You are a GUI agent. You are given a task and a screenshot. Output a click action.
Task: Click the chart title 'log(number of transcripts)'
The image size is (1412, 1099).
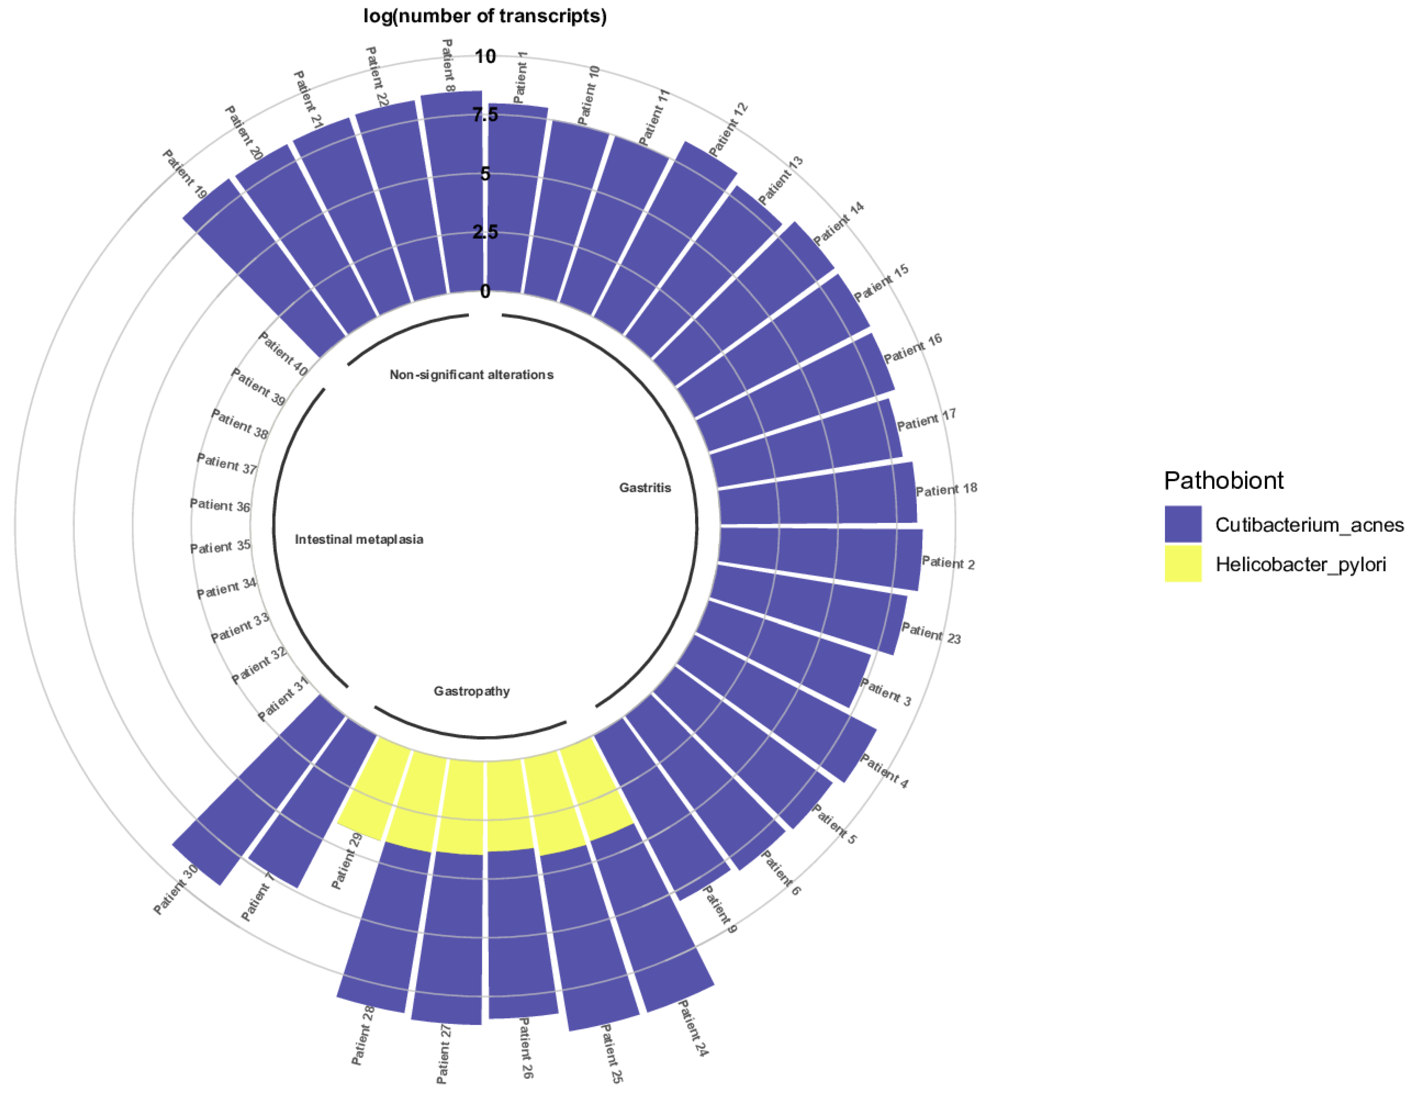(485, 16)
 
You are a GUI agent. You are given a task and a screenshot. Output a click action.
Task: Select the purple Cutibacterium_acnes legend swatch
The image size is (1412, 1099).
(1182, 524)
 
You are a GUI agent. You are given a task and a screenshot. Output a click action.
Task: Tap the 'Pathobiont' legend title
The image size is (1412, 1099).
(1223, 481)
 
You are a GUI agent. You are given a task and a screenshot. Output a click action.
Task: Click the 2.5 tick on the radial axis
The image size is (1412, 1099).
(485, 232)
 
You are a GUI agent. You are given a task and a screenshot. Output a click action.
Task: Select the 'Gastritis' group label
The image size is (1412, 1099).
(644, 488)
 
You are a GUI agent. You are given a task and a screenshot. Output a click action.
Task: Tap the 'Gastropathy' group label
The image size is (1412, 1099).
(471, 692)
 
